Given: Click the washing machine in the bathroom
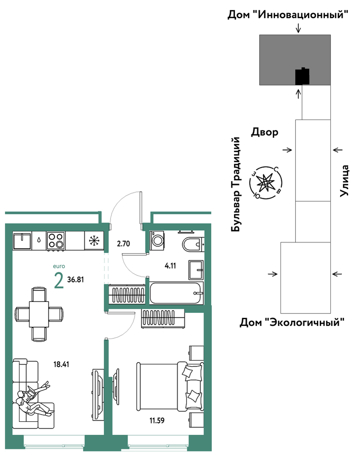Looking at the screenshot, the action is click(157, 240).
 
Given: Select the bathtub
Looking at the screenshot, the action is click(176, 293).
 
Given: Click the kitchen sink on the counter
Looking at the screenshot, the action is click(22, 240).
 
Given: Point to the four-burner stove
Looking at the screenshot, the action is click(56, 240).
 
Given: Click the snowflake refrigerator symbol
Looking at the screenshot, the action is click(94, 240).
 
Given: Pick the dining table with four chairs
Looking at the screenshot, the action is click(38, 314).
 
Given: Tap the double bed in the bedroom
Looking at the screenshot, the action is click(170, 387).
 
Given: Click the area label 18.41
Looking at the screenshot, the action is click(61, 364).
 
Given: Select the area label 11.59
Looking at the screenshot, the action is click(157, 420).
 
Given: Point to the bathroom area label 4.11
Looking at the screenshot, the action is click(170, 265).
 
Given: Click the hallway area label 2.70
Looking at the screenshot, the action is click(124, 243).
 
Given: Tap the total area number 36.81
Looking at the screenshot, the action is click(76, 280).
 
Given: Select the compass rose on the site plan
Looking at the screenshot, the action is click(266, 183).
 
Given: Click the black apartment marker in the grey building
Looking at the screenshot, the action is click(302, 76).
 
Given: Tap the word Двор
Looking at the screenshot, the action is click(265, 132).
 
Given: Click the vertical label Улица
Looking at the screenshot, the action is click(344, 181).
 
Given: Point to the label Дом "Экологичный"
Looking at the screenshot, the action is click(292, 322).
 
